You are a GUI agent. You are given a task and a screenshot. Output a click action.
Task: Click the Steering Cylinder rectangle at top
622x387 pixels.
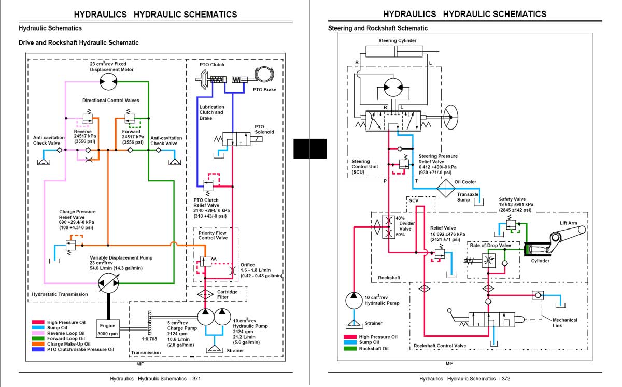[397, 51]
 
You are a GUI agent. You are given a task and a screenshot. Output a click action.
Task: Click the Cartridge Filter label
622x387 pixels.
[227, 294]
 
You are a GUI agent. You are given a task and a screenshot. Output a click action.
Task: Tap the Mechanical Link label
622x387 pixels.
[564, 323]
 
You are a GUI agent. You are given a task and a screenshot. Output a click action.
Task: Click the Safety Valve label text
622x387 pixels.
[512, 199]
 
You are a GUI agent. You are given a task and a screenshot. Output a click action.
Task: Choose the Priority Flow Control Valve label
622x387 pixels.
[213, 235]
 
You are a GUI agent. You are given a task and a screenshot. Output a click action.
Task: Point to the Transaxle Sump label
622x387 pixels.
[468, 197]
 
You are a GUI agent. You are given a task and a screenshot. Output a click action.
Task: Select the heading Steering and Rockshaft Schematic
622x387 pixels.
[378, 28]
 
